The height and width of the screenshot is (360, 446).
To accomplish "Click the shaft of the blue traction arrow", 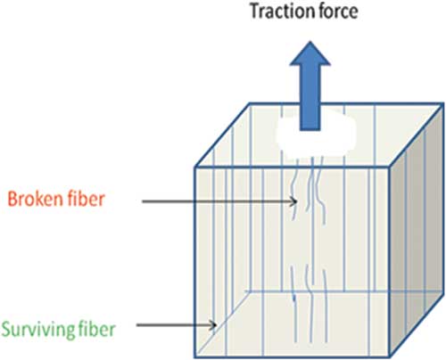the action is (310, 97).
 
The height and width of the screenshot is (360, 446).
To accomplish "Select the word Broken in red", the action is (36, 199).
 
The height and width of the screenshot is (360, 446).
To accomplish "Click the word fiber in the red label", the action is (87, 199).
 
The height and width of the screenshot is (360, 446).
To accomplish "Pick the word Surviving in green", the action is (37, 330).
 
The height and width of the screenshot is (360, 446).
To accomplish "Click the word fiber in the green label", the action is (96, 329).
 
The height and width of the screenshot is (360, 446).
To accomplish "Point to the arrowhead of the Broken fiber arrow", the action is (293, 201).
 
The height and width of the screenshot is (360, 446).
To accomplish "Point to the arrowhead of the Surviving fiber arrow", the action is (213, 325).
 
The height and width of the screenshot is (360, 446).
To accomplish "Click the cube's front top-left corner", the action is (195, 168).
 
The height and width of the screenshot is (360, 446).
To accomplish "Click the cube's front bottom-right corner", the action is (389, 357).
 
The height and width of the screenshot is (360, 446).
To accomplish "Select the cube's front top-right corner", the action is (389, 168).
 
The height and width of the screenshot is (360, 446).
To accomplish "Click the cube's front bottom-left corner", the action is (195, 357).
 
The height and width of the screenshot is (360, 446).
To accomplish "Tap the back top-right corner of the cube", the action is (443, 103).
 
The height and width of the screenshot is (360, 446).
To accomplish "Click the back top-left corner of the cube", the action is (249, 103).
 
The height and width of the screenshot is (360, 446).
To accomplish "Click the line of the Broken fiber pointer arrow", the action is (219, 201).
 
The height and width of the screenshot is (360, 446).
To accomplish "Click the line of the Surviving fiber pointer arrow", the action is (177, 325).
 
